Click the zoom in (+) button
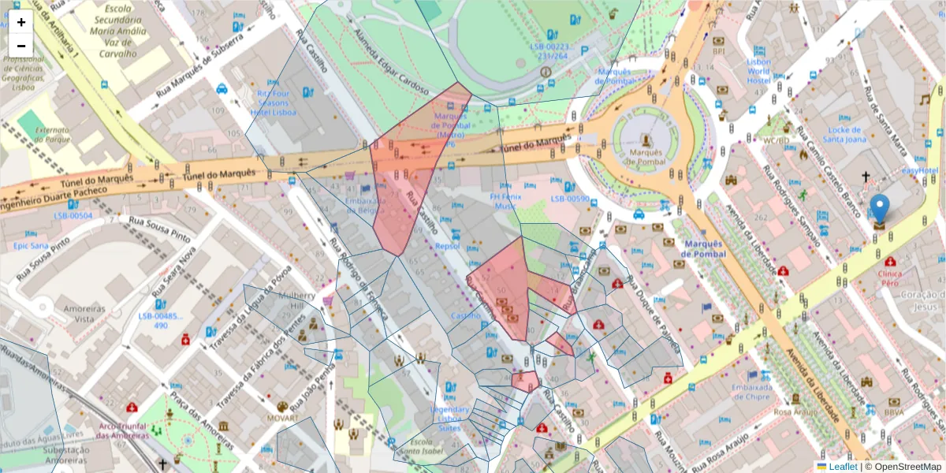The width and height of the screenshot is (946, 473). (x=21, y=22)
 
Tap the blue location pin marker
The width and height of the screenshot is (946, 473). (x=880, y=210)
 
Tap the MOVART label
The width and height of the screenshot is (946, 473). (x=282, y=417)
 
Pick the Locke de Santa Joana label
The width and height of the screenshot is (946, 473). (x=844, y=134)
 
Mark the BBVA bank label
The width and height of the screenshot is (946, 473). (x=893, y=412)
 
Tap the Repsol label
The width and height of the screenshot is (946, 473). (x=447, y=245)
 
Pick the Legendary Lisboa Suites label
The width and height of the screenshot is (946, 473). (x=449, y=418)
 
